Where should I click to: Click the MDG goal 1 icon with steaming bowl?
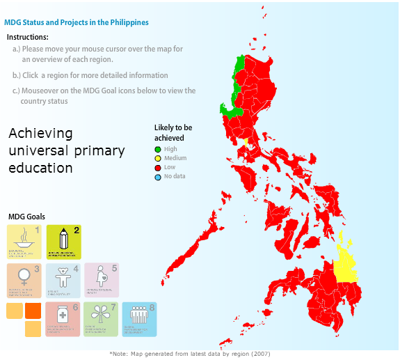(24, 242)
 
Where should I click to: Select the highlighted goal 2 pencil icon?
(63, 242)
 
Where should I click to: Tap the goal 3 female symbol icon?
(24, 281)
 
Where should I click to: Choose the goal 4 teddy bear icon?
(63, 281)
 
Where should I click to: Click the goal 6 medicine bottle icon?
(63, 320)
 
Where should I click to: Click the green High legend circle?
(158, 149)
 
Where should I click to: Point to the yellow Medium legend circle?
(158, 158)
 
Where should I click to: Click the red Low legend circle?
(158, 167)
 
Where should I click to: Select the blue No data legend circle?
(158, 176)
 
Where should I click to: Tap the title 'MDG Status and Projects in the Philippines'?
(77, 22)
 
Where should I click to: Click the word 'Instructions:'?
(28, 37)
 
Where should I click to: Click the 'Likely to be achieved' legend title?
(173, 132)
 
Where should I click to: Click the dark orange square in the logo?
(33, 311)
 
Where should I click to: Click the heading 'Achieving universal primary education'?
(66, 150)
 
